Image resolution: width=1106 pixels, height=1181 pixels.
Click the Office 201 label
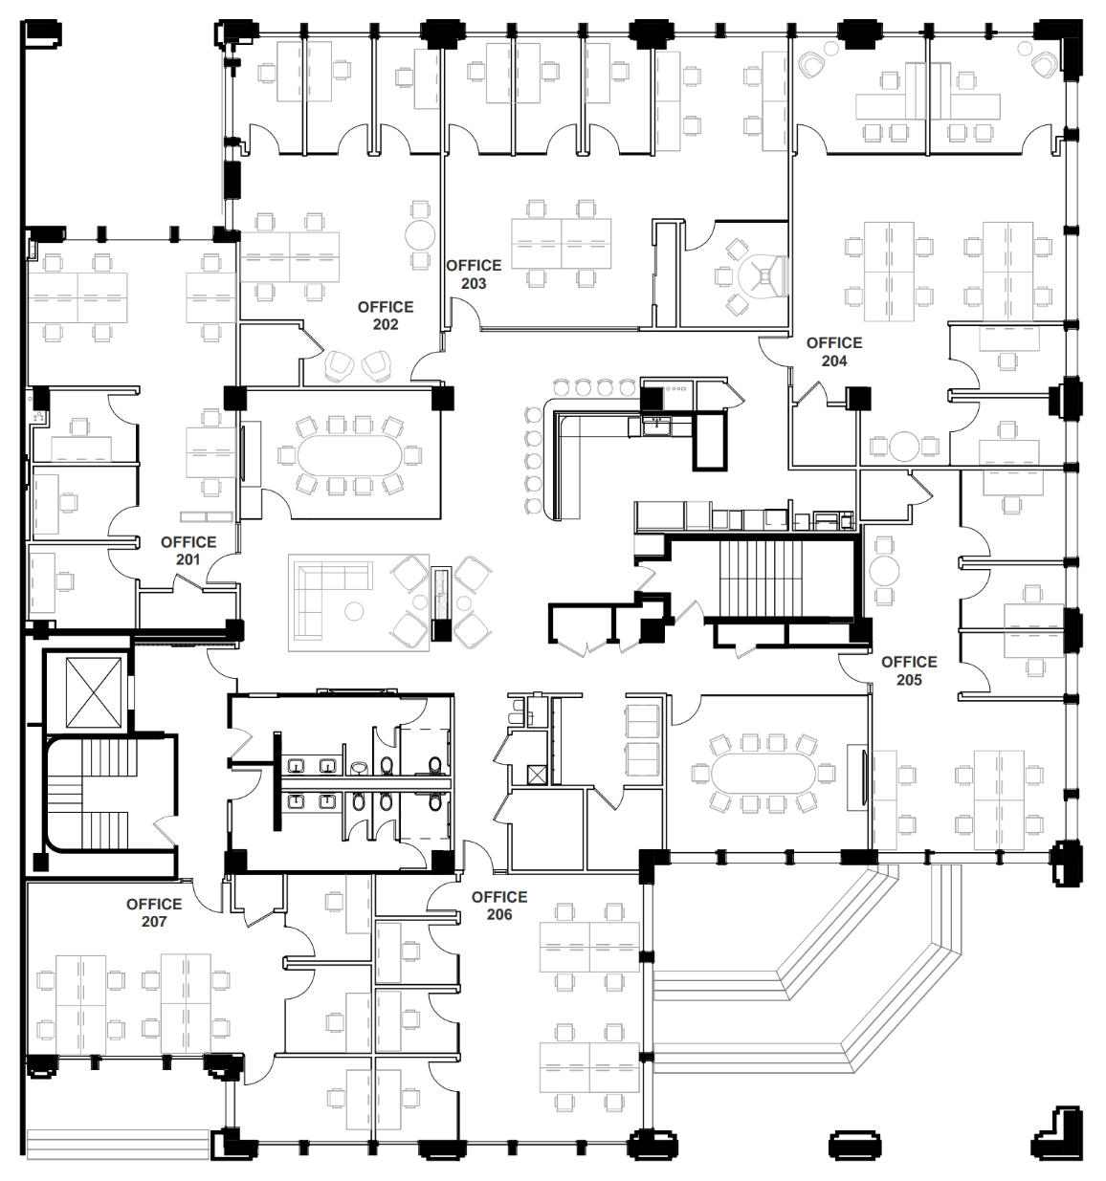(x=188, y=551)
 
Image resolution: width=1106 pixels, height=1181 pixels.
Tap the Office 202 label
(x=386, y=316)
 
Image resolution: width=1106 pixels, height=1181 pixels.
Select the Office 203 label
(x=474, y=274)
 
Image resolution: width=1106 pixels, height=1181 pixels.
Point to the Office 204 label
(x=834, y=352)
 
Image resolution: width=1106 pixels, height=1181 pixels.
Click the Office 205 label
(x=909, y=670)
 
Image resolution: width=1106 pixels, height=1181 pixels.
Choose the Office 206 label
(x=499, y=906)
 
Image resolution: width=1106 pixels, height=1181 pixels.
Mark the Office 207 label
(x=154, y=913)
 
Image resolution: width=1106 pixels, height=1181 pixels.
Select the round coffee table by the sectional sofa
(x=355, y=611)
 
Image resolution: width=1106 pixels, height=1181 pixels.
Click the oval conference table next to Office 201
(x=350, y=456)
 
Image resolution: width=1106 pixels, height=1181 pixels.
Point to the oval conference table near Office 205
(x=764, y=773)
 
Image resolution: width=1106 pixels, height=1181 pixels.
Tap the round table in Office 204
(x=904, y=446)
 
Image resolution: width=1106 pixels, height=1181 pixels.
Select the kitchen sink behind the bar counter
(x=656, y=426)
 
